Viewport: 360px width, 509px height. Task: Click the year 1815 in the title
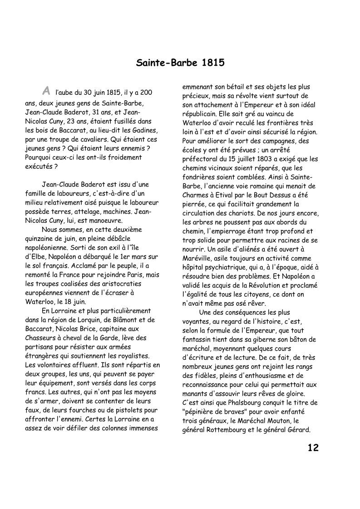(212, 63)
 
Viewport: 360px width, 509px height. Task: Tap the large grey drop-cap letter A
(45, 91)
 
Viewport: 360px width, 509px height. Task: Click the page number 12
(313, 448)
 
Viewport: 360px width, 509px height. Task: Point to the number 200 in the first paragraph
(146, 93)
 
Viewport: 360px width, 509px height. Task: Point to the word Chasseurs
(41, 338)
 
